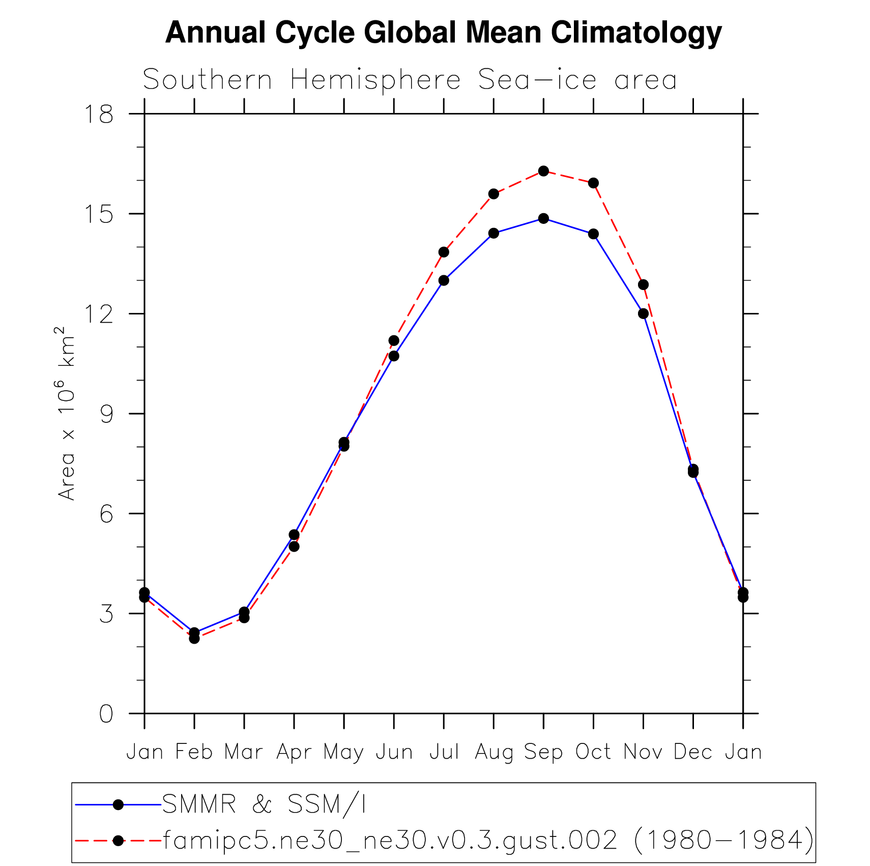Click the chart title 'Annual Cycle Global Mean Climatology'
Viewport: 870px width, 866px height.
[x=443, y=33]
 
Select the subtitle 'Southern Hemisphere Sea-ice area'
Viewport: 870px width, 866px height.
[x=410, y=80]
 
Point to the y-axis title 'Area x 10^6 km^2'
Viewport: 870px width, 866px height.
[x=66, y=413]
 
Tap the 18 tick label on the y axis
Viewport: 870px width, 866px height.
[x=99, y=114]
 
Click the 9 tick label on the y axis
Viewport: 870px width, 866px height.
[x=106, y=414]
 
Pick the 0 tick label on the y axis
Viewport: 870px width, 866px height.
[x=106, y=714]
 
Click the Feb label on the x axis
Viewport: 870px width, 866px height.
[x=194, y=752]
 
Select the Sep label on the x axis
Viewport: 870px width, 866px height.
[x=543, y=752]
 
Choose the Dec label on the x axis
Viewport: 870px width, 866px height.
[x=692, y=752]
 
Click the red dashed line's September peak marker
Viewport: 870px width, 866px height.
[x=543, y=171]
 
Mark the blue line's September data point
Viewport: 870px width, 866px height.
[x=543, y=218]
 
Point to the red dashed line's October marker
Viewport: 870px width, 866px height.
[x=593, y=183]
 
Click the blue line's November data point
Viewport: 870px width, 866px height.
[x=643, y=313]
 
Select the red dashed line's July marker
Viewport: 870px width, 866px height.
[x=444, y=252]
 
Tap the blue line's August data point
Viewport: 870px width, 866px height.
[x=494, y=233]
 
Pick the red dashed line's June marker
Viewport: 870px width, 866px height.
[x=394, y=340]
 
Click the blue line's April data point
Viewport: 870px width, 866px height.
[x=294, y=534]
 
